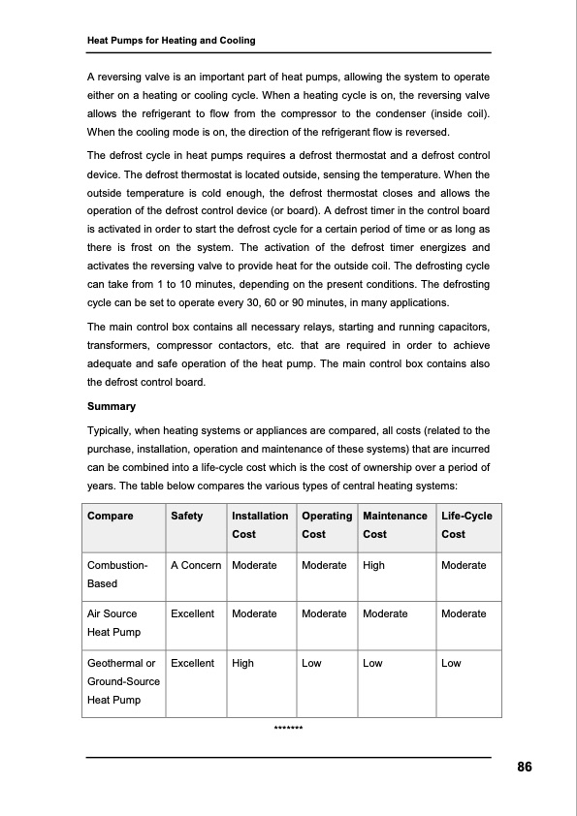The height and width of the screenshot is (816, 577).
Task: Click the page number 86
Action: pos(524,767)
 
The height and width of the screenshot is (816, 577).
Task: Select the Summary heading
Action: pos(112,406)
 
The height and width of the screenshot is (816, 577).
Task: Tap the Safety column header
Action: pos(187,516)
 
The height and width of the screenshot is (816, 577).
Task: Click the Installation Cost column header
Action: pos(260,524)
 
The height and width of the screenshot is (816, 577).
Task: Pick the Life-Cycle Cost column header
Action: pos(466,524)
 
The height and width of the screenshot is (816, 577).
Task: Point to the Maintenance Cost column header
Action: pos(394,524)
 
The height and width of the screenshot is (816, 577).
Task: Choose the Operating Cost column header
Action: pos(327,524)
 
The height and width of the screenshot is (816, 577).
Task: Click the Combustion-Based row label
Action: pos(117,574)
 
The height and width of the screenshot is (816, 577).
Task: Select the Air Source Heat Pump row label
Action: pos(112,622)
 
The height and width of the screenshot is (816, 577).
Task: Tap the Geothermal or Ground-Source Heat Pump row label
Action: pos(123,681)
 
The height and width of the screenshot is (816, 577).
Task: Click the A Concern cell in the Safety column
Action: pos(196,565)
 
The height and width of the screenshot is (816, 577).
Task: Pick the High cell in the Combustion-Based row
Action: pos(373,565)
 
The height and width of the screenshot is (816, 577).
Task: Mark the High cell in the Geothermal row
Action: pos(242,664)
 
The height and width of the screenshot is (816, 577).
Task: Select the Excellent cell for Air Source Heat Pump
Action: pos(192,613)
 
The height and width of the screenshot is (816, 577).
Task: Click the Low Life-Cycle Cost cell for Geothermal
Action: pos(451,664)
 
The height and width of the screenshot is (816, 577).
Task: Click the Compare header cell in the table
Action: pos(111,516)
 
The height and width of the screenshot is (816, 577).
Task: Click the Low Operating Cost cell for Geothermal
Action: pos(312,664)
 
